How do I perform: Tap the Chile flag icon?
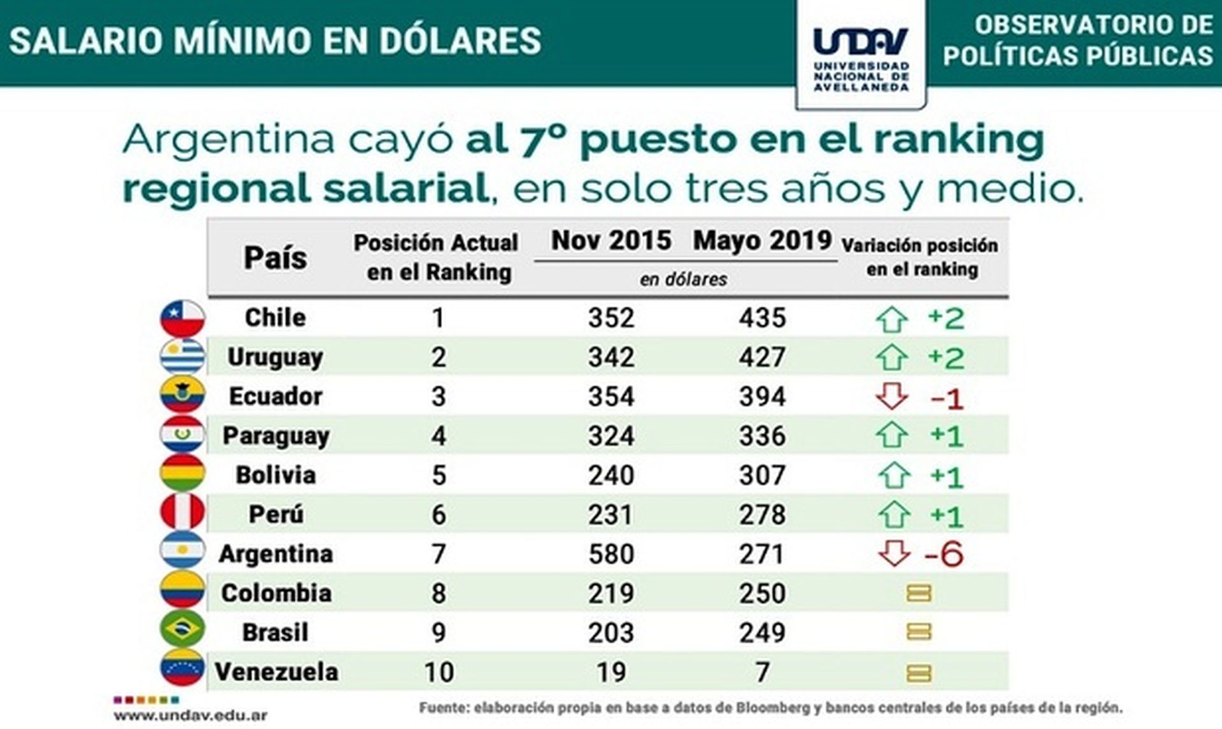point(183,318)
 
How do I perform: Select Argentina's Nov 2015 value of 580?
point(611,554)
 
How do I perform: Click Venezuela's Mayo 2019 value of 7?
point(762,672)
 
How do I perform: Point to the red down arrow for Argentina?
point(894,553)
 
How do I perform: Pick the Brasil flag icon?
point(183,630)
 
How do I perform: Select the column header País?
point(275,258)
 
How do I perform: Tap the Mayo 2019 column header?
point(762,241)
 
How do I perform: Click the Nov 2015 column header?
point(611,241)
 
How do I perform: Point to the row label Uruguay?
point(275,358)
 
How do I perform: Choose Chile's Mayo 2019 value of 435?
point(762,318)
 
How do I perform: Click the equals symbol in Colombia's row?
point(918,594)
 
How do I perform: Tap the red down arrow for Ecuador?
point(892,396)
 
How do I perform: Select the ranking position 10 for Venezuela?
point(439,672)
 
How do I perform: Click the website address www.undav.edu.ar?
point(190,716)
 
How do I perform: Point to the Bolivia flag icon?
point(183,473)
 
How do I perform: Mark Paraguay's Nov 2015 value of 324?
point(611,436)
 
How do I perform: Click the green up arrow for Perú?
point(894,515)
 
